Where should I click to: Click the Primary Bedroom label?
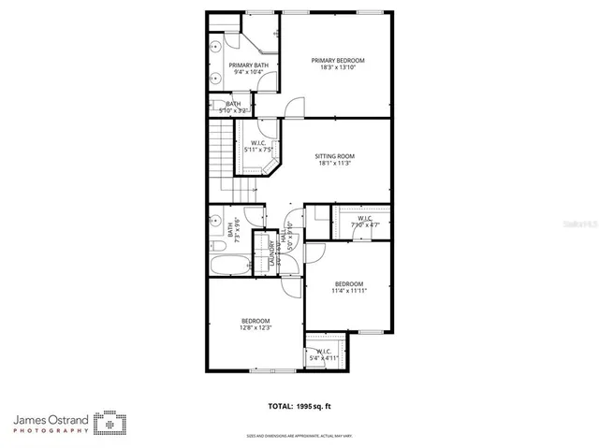pyautogui.click(x=338, y=60)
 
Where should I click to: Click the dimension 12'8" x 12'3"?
pyautogui.click(x=256, y=328)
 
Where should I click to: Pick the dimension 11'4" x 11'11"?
pyautogui.click(x=348, y=290)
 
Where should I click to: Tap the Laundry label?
pyautogui.click(x=272, y=253)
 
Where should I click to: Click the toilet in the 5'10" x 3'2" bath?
pyautogui.click(x=214, y=106)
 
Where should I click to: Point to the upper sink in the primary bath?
pyautogui.click(x=214, y=45)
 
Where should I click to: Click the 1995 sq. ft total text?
pyautogui.click(x=299, y=406)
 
